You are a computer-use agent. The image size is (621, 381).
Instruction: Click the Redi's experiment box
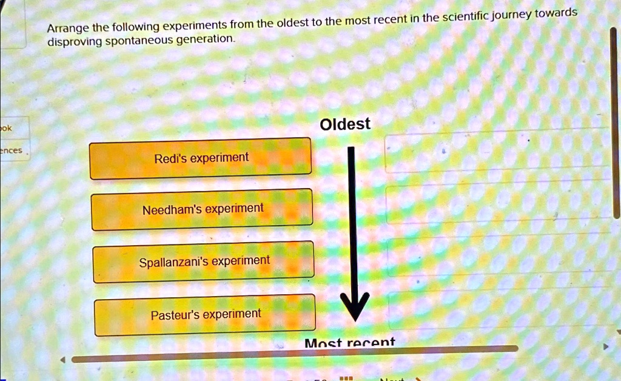point(201,158)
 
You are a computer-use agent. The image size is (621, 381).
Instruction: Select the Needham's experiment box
point(203,209)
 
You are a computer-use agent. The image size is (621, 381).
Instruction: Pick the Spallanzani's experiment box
point(204,262)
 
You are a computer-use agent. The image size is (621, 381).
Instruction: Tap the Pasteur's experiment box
point(205,315)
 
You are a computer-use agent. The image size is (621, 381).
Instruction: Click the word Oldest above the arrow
point(344,124)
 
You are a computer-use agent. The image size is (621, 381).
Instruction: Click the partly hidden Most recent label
point(349,343)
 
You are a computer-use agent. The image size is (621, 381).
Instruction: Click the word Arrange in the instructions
point(68,29)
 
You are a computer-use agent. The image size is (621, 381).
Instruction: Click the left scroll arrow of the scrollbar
point(61,359)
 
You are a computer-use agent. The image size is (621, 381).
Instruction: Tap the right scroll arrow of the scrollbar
point(604,348)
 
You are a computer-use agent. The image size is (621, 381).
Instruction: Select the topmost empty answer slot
point(497,150)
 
